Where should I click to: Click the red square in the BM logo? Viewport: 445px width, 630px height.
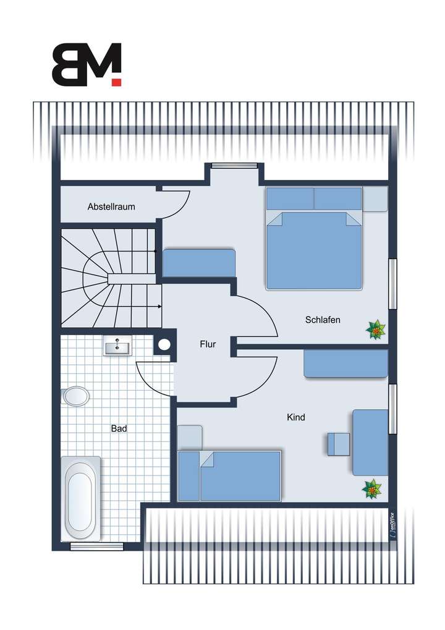pyautogui.click(x=117, y=81)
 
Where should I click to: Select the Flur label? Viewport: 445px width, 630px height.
pyautogui.click(x=208, y=344)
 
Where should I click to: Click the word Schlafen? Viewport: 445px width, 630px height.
pyautogui.click(x=323, y=320)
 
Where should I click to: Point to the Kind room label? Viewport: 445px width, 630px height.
pyautogui.click(x=296, y=417)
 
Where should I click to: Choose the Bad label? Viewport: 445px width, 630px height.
pyautogui.click(x=119, y=428)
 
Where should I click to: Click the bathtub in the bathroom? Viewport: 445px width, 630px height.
pyautogui.click(x=80, y=498)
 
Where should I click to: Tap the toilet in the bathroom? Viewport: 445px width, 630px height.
pyautogui.click(x=75, y=396)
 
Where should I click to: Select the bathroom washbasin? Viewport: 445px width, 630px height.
pyautogui.click(x=117, y=348)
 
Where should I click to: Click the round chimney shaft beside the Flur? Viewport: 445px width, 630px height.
pyautogui.click(x=164, y=345)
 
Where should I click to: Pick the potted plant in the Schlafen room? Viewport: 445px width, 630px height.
pyautogui.click(x=375, y=330)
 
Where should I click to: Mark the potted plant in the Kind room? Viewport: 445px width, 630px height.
pyautogui.click(x=372, y=489)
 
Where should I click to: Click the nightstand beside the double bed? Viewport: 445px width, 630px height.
pyautogui.click(x=375, y=198)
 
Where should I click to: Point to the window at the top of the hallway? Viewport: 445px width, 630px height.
pyautogui.click(x=234, y=165)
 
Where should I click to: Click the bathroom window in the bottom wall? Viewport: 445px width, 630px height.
pyautogui.click(x=96, y=546)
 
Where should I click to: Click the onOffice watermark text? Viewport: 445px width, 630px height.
pyautogui.click(x=392, y=524)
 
